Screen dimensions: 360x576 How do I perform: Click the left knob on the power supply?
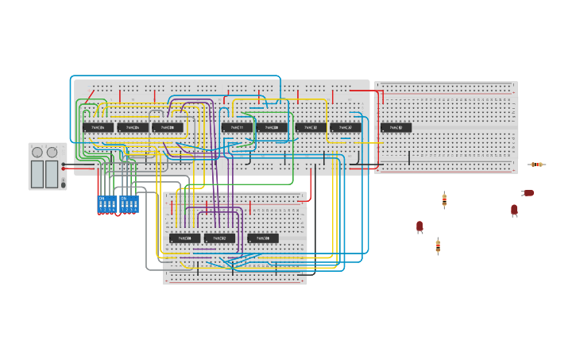click(x=37, y=152)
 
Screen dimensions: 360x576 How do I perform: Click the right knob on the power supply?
click(x=52, y=152)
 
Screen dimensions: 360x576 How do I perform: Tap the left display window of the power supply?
click(x=37, y=173)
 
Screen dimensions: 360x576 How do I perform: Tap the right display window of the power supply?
click(x=52, y=173)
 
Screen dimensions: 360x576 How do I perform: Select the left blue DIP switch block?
click(x=106, y=203)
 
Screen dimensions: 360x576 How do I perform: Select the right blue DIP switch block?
click(x=129, y=203)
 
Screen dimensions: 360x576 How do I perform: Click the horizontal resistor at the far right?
click(x=538, y=165)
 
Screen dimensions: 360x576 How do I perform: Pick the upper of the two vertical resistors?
click(x=444, y=199)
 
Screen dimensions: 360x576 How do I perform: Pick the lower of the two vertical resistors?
click(x=438, y=246)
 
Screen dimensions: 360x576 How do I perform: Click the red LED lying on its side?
click(x=528, y=193)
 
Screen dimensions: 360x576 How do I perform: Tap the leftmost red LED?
click(x=419, y=226)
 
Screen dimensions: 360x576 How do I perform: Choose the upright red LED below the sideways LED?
click(x=514, y=210)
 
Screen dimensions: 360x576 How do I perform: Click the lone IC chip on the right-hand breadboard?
click(x=396, y=127)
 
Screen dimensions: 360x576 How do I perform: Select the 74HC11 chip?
click(x=237, y=127)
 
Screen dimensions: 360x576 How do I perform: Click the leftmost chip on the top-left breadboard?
click(x=98, y=127)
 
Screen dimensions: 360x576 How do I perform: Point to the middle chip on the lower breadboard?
click(x=219, y=238)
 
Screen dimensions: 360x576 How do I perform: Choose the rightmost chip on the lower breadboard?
click(x=263, y=238)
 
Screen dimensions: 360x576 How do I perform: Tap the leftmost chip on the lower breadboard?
click(x=184, y=238)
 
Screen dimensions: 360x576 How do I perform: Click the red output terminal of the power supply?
click(x=64, y=168)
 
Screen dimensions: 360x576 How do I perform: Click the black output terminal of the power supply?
click(x=64, y=164)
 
